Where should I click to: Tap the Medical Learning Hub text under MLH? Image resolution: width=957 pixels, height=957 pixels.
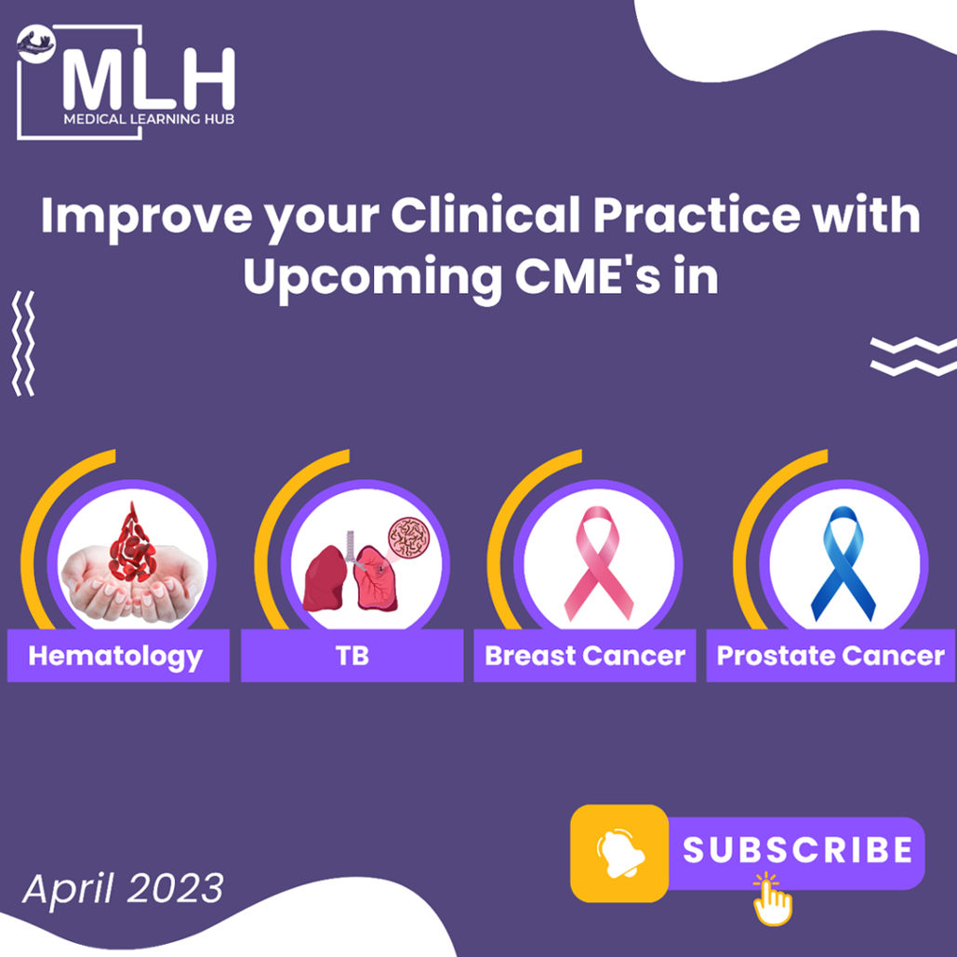coord(149,118)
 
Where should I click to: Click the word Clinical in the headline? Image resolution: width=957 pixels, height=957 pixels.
coord(485,215)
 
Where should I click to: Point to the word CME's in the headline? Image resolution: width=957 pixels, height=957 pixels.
coord(587,276)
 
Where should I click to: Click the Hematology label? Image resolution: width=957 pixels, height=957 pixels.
coord(115,657)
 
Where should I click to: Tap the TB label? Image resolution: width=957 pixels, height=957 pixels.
coord(352,656)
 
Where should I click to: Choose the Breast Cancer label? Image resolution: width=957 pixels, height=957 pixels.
coord(585,656)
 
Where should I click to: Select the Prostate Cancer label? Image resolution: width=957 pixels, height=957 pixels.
coord(831,656)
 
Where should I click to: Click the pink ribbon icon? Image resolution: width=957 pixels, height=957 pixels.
coord(598,563)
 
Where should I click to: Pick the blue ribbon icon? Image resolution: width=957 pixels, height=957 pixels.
coord(843,563)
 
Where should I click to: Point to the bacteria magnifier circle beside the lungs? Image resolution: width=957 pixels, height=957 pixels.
coord(409,538)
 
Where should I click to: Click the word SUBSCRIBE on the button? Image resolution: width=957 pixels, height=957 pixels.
coord(797,850)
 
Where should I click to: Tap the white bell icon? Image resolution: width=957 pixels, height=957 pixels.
coord(619,853)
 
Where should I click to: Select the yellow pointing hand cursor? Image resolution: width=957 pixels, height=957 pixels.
coord(772,899)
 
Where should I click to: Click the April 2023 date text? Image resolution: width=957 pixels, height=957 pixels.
coord(124,889)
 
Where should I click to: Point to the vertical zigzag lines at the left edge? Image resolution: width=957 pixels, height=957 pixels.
coord(23,343)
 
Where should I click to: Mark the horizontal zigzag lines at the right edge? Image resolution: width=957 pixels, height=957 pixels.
coord(913,356)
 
